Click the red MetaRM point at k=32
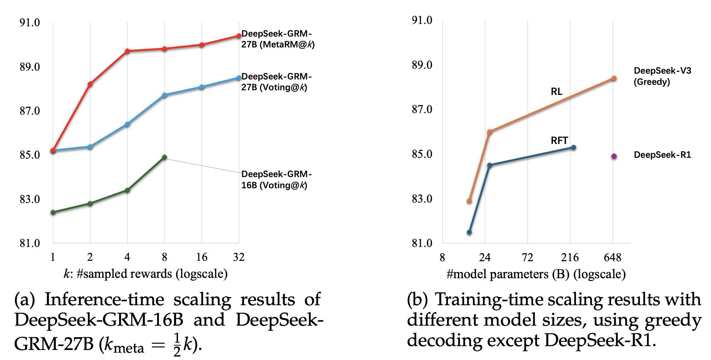click(x=239, y=36)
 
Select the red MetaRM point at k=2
click(x=90, y=84)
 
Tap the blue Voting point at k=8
click(x=164, y=95)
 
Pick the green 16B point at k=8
click(x=164, y=157)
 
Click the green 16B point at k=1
click(x=53, y=212)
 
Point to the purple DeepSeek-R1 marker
click(x=614, y=156)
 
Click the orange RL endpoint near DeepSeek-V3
click(x=614, y=78)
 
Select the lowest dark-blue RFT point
click(x=469, y=232)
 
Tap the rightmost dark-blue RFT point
click(x=574, y=147)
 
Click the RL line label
click(x=556, y=91)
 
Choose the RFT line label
click(x=559, y=140)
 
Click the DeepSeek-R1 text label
click(x=662, y=155)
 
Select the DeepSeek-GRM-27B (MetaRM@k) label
click(x=278, y=39)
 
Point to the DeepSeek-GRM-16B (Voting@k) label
click(x=276, y=180)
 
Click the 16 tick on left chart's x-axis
click(x=201, y=257)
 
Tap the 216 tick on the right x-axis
click(x=570, y=257)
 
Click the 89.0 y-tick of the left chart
click(x=30, y=67)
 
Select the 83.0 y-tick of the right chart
click(x=422, y=199)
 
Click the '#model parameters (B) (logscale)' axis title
click(x=536, y=274)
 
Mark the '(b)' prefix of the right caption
click(x=417, y=300)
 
